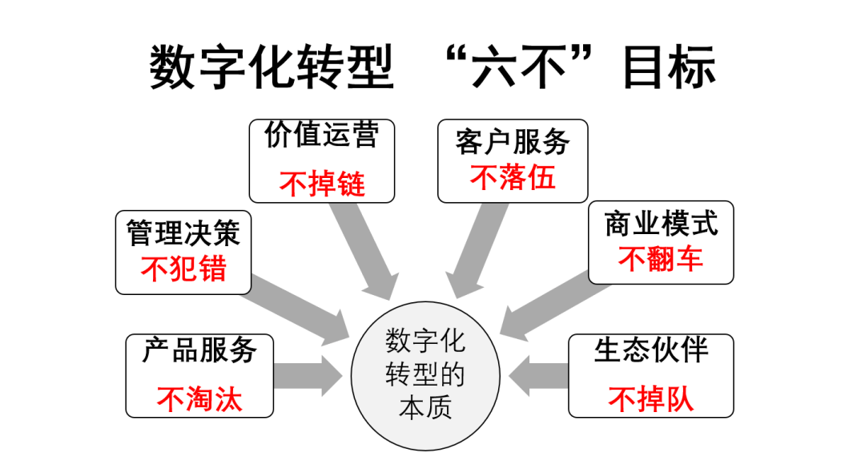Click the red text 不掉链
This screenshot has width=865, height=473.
coord(322,184)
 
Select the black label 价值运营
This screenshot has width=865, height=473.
coord(322,136)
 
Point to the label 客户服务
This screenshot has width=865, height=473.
coord(513,142)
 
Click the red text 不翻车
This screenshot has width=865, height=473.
coord(661,259)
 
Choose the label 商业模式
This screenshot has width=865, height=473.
coord(661,224)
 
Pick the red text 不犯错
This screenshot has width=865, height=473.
coord(183,269)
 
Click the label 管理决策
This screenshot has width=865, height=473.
coord(183,233)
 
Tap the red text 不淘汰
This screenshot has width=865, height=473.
coord(199,398)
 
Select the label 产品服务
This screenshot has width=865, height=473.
coord(199,350)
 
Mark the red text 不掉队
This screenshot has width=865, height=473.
coord(650,398)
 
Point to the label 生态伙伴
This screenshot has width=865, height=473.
coord(650,350)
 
